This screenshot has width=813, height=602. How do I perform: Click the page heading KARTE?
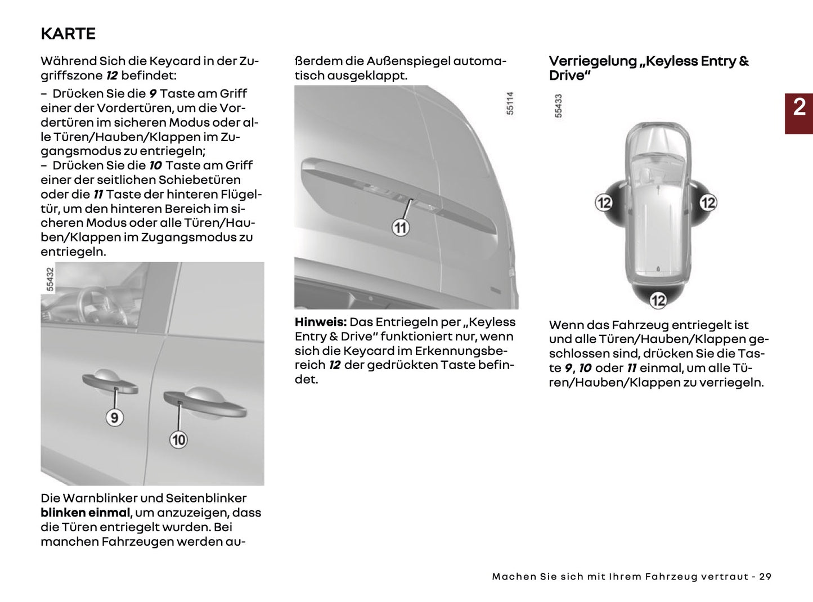pyautogui.click(x=68, y=34)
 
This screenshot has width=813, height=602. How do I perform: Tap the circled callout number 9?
pyautogui.click(x=114, y=417)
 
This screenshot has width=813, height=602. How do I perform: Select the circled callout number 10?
pyautogui.click(x=178, y=439)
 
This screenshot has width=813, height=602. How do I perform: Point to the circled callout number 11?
pyautogui.click(x=400, y=228)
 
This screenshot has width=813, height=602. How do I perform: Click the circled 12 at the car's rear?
pyautogui.click(x=658, y=300)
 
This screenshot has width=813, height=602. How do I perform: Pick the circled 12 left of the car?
pyautogui.click(x=604, y=203)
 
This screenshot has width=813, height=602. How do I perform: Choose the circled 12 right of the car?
pyautogui.click(x=708, y=203)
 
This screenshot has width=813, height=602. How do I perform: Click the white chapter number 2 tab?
pyautogui.click(x=799, y=107)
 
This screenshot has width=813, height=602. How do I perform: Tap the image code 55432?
pyautogui.click(x=50, y=279)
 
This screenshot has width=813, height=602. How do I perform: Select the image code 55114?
pyautogui.click(x=510, y=104)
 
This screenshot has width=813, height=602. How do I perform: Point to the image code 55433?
pyautogui.click(x=558, y=106)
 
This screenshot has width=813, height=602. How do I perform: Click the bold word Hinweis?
pyautogui.click(x=320, y=322)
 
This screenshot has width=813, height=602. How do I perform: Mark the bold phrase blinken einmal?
pyautogui.click(x=86, y=513)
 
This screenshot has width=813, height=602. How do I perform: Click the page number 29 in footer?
pyautogui.click(x=765, y=577)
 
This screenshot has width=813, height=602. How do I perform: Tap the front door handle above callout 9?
pyautogui.click(x=110, y=383)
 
